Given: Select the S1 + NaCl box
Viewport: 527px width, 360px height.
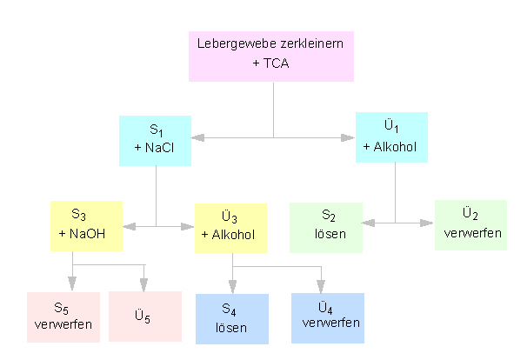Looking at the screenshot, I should pos(155,140).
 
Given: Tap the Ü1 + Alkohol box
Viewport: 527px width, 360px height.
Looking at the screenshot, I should pos(391,137).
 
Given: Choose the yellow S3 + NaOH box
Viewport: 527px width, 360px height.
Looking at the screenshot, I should pos(86,226).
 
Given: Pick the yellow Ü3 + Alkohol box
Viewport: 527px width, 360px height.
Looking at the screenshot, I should pos(230,227).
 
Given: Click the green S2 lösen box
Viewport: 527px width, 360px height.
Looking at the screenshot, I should pos(326,226).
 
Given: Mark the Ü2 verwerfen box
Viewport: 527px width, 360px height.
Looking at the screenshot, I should pos(470,224).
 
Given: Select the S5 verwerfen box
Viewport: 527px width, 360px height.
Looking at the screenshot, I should pos(63,317).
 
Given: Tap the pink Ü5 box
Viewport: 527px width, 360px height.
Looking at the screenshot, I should pos(144,317).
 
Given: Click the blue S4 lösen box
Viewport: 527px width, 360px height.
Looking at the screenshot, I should pos(231,319).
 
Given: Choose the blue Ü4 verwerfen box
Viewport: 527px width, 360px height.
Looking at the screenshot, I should pos(327,318).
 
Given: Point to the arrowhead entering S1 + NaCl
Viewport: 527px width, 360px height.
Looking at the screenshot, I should pos(198,137).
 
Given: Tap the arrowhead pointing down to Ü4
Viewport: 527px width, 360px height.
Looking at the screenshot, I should pos(322,286).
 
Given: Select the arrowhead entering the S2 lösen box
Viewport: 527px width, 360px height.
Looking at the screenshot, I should pos(369,223).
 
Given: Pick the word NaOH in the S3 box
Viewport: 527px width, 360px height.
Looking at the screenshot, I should pos(94,234).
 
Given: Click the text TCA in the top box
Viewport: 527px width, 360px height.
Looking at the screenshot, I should pos(281,63).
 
